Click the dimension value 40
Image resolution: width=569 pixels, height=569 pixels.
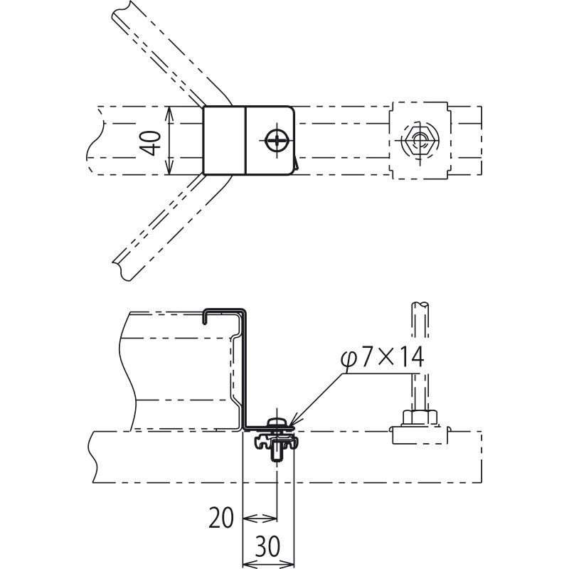click(151, 144)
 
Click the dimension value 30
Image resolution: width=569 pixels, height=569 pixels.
click(268, 546)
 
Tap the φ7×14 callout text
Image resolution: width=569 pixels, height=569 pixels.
click(383, 357)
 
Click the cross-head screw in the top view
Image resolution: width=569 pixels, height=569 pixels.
click(277, 140)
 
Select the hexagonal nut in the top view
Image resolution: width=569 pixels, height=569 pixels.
click(420, 139)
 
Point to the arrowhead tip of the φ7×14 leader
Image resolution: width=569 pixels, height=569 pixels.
click(289, 425)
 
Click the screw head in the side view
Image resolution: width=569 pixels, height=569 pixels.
click(277, 422)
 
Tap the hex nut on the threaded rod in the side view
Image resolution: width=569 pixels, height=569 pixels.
click(420, 418)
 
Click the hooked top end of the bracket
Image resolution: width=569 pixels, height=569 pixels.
click(206, 317)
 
